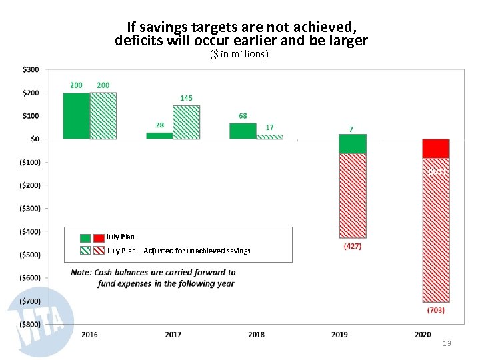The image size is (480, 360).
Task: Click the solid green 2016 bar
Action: tap(76, 116)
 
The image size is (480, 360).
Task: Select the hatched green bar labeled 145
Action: tap(186, 122)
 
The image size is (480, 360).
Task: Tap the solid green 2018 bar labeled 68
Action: tap(243, 131)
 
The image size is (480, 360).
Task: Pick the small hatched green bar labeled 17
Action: tap(269, 137)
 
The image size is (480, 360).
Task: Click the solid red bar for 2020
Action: tap(435, 148)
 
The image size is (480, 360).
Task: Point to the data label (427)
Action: tap(353, 247)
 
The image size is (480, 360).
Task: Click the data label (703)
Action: tap(435, 310)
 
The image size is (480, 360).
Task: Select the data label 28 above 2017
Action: tap(159, 125)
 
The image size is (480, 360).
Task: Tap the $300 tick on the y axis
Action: tap(31, 69)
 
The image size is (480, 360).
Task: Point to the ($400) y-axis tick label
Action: tap(27, 231)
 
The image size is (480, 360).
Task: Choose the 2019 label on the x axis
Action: tap(339, 334)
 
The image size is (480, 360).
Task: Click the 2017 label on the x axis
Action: tap(173, 334)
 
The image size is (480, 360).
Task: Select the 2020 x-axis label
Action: tap(423, 334)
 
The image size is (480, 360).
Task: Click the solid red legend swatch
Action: tap(99, 237)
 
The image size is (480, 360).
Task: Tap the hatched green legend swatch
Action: tap(85, 251)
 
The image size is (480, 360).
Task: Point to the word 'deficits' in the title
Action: tap(138, 41)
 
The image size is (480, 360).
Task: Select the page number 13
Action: tap(447, 343)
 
